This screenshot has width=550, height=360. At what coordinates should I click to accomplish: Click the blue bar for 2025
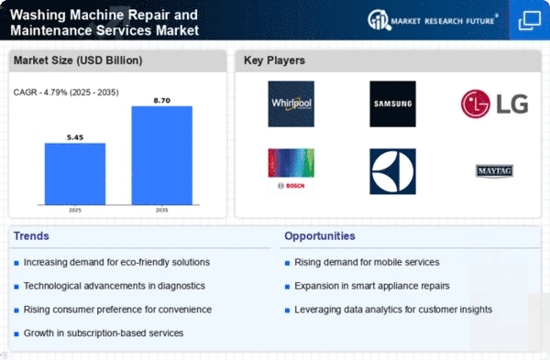point(75,174)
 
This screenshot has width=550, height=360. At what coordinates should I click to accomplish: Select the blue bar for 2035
point(162,156)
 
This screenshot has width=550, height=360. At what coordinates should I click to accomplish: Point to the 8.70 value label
point(162,101)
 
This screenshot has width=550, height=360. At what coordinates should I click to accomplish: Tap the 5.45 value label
point(75,137)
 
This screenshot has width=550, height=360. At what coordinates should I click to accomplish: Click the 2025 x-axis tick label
point(75,210)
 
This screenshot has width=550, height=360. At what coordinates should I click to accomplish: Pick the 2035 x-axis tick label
point(162,210)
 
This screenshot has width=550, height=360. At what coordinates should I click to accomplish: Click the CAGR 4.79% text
point(66,93)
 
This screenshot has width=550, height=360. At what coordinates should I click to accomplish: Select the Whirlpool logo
point(291,104)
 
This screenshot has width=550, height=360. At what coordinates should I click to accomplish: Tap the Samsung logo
point(393,104)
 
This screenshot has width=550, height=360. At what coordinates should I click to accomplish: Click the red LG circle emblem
point(475,104)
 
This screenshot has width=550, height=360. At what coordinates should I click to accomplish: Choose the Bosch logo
point(291,171)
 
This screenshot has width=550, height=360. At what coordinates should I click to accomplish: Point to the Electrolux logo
point(393,171)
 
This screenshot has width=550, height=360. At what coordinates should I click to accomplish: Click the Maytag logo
point(495,171)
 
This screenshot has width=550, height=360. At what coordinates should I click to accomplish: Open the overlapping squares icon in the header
point(530,21)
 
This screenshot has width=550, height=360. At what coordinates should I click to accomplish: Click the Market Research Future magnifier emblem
point(379,19)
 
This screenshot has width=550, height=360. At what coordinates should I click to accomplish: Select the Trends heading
point(31,236)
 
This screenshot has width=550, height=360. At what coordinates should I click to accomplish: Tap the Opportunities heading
point(320,236)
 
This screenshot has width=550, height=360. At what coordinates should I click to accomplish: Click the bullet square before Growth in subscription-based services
point(16,333)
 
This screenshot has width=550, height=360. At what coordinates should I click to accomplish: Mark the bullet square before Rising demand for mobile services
point(287,263)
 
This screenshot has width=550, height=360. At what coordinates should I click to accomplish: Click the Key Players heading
point(274,60)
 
